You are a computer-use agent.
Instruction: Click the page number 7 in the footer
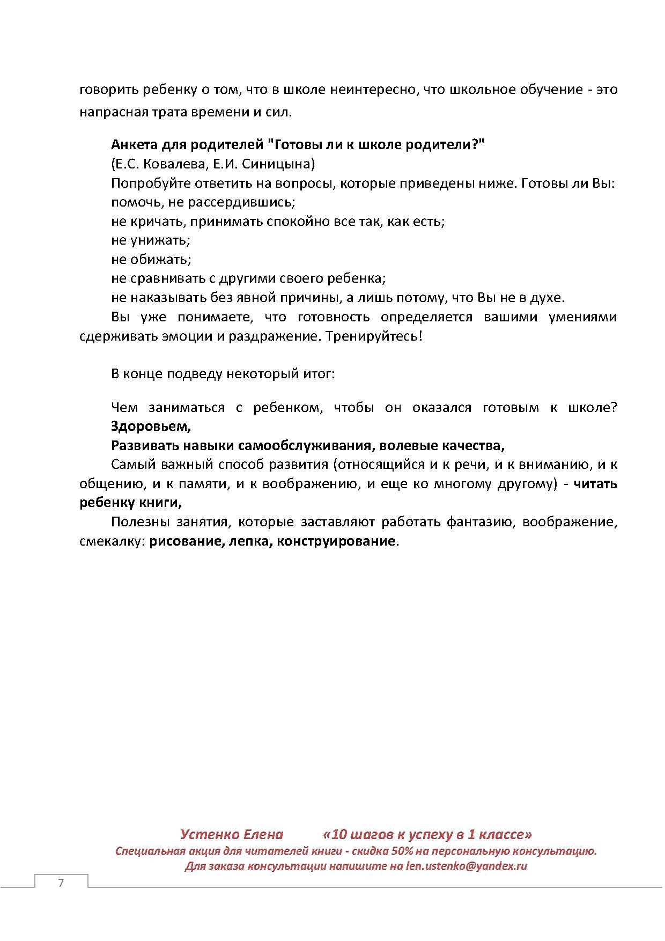pyautogui.click(x=61, y=883)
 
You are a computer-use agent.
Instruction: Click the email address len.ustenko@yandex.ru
pyautogui.click(x=467, y=866)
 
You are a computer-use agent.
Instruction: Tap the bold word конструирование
pyautogui.click(x=336, y=541)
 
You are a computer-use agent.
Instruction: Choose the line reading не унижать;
pyautogui.click(x=151, y=240)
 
